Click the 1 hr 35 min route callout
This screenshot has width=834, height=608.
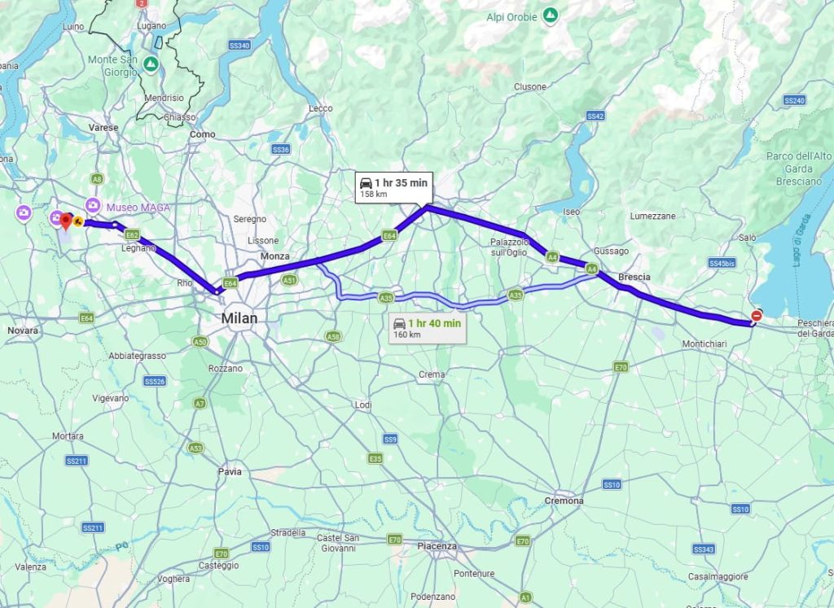[393, 187]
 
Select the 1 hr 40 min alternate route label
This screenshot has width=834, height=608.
[427, 328]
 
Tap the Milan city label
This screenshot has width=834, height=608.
[239, 318]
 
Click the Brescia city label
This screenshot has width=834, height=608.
[634, 278]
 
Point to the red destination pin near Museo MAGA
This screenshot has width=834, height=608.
[66, 221]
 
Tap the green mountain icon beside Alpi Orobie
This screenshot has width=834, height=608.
[551, 15]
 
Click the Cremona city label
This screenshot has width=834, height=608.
[564, 501]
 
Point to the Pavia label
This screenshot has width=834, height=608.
[230, 471]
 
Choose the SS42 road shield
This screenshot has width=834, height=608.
[595, 116]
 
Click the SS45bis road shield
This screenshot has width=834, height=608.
[722, 263]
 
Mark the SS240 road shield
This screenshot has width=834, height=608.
[794, 100]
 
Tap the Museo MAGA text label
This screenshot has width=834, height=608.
[138, 208]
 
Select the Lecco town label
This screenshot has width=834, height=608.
[321, 108]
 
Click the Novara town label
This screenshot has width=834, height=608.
[23, 331]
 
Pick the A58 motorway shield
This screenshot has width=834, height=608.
[332, 336]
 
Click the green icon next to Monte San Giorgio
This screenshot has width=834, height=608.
[151, 63]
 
